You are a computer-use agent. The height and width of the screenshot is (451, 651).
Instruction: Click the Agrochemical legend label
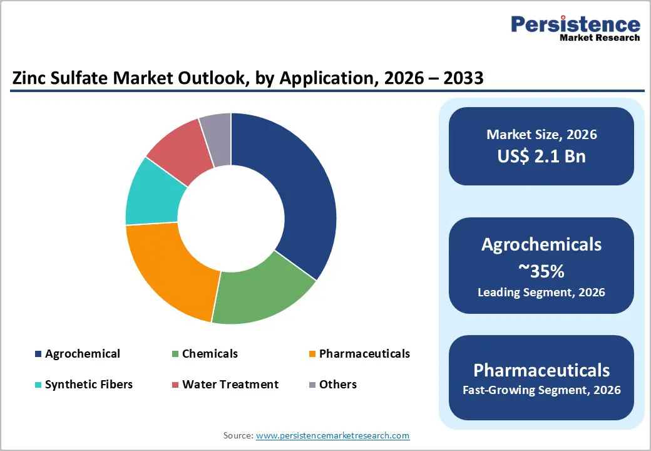pyautogui.click(x=82, y=354)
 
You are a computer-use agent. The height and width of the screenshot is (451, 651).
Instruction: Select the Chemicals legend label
pyautogui.click(x=210, y=354)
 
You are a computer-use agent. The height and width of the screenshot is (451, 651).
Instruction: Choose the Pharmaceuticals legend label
pyautogui.click(x=364, y=354)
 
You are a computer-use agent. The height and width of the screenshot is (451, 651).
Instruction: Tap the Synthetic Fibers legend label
pyautogui.click(x=88, y=385)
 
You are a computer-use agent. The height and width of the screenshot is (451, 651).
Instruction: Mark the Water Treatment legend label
pyautogui.click(x=230, y=385)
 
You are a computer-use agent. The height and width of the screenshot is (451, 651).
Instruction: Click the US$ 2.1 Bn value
pyautogui.click(x=541, y=156)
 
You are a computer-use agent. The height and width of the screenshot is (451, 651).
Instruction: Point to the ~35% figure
pyautogui.click(x=541, y=271)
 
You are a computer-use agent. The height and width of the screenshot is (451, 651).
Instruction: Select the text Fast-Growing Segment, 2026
pyautogui.click(x=541, y=390)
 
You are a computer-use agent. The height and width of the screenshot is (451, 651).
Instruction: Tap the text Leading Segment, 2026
pyautogui.click(x=541, y=292)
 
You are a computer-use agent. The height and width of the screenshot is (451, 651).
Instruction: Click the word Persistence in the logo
pyautogui.click(x=575, y=24)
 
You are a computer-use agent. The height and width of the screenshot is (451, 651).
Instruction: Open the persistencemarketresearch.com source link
pyautogui.click(x=332, y=435)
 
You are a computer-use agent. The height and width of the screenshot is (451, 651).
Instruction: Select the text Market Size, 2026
pyautogui.click(x=541, y=135)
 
